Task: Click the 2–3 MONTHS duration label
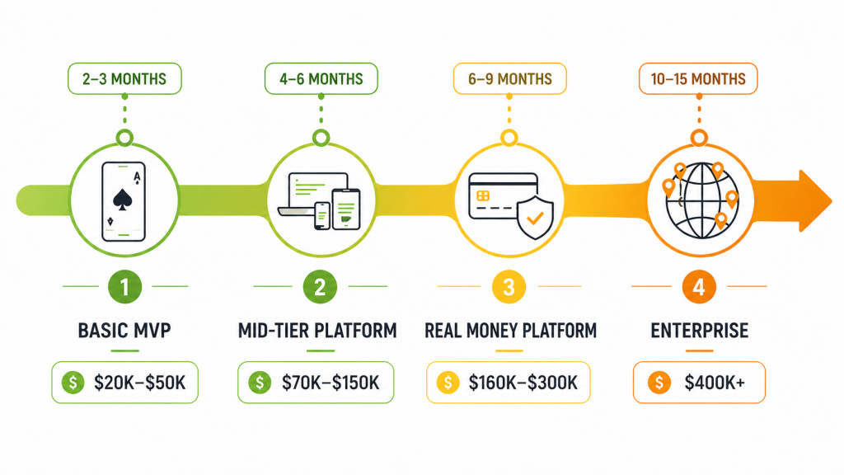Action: (124, 79)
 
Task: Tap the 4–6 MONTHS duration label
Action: (321, 79)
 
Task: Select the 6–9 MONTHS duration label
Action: (509, 79)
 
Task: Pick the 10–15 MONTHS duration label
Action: (698, 79)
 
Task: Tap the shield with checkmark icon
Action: (533, 216)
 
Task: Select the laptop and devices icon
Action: (321, 200)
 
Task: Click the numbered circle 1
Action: (124, 287)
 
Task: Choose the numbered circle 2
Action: (321, 287)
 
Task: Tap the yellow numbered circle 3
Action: (509, 287)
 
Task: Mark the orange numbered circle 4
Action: (699, 287)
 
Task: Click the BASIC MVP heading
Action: (124, 331)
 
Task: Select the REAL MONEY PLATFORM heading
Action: (510, 331)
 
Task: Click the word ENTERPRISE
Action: (699, 331)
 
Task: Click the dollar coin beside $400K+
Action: (659, 383)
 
